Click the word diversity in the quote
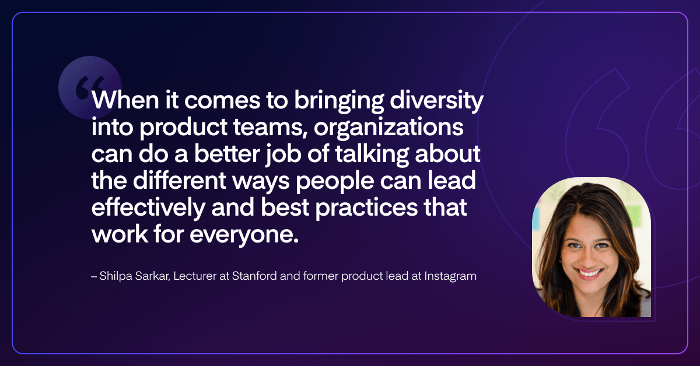pyautogui.click(x=436, y=101)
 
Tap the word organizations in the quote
pyautogui.click(x=388, y=128)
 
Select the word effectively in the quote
pyautogui.click(x=148, y=208)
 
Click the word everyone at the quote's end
pyautogui.click(x=244, y=235)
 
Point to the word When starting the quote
pyautogui.click(x=125, y=100)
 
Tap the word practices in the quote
pyautogui.click(x=366, y=208)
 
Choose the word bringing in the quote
pyautogui.click(x=339, y=101)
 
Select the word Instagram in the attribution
pyautogui.click(x=450, y=276)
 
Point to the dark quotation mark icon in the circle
pyautogui.click(x=90, y=87)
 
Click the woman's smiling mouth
pyautogui.click(x=589, y=273)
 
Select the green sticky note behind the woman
pyautogui.click(x=633, y=216)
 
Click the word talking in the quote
pyautogui.click(x=372, y=154)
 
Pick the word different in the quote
pyautogui.click(x=180, y=181)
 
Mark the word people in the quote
pyautogui.click(x=335, y=182)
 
